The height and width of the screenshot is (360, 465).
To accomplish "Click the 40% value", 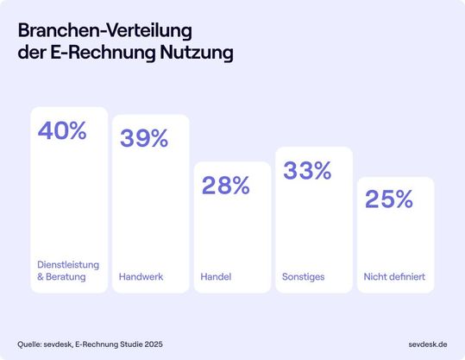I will pos(62,131).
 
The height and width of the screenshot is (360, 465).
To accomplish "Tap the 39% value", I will pos(144,138).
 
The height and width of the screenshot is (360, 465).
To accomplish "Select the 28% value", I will pos(225,185).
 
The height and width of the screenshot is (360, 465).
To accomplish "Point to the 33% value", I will pos(307,171).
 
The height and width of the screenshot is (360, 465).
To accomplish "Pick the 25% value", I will pos(389,199).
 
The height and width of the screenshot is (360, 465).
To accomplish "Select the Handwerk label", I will pos(141,277).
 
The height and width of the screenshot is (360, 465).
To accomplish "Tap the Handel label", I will pos(217,277).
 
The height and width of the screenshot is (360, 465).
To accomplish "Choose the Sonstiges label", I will pos(302,277).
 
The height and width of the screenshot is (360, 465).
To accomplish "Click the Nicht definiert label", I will pos(394,277).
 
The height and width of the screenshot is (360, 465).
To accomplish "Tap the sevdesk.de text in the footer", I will pos(428,344).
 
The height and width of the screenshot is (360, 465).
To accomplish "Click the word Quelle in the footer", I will pos(30,344).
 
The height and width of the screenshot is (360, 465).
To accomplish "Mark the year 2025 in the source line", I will pos(150,344).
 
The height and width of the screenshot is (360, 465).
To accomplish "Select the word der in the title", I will pos(28,53).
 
